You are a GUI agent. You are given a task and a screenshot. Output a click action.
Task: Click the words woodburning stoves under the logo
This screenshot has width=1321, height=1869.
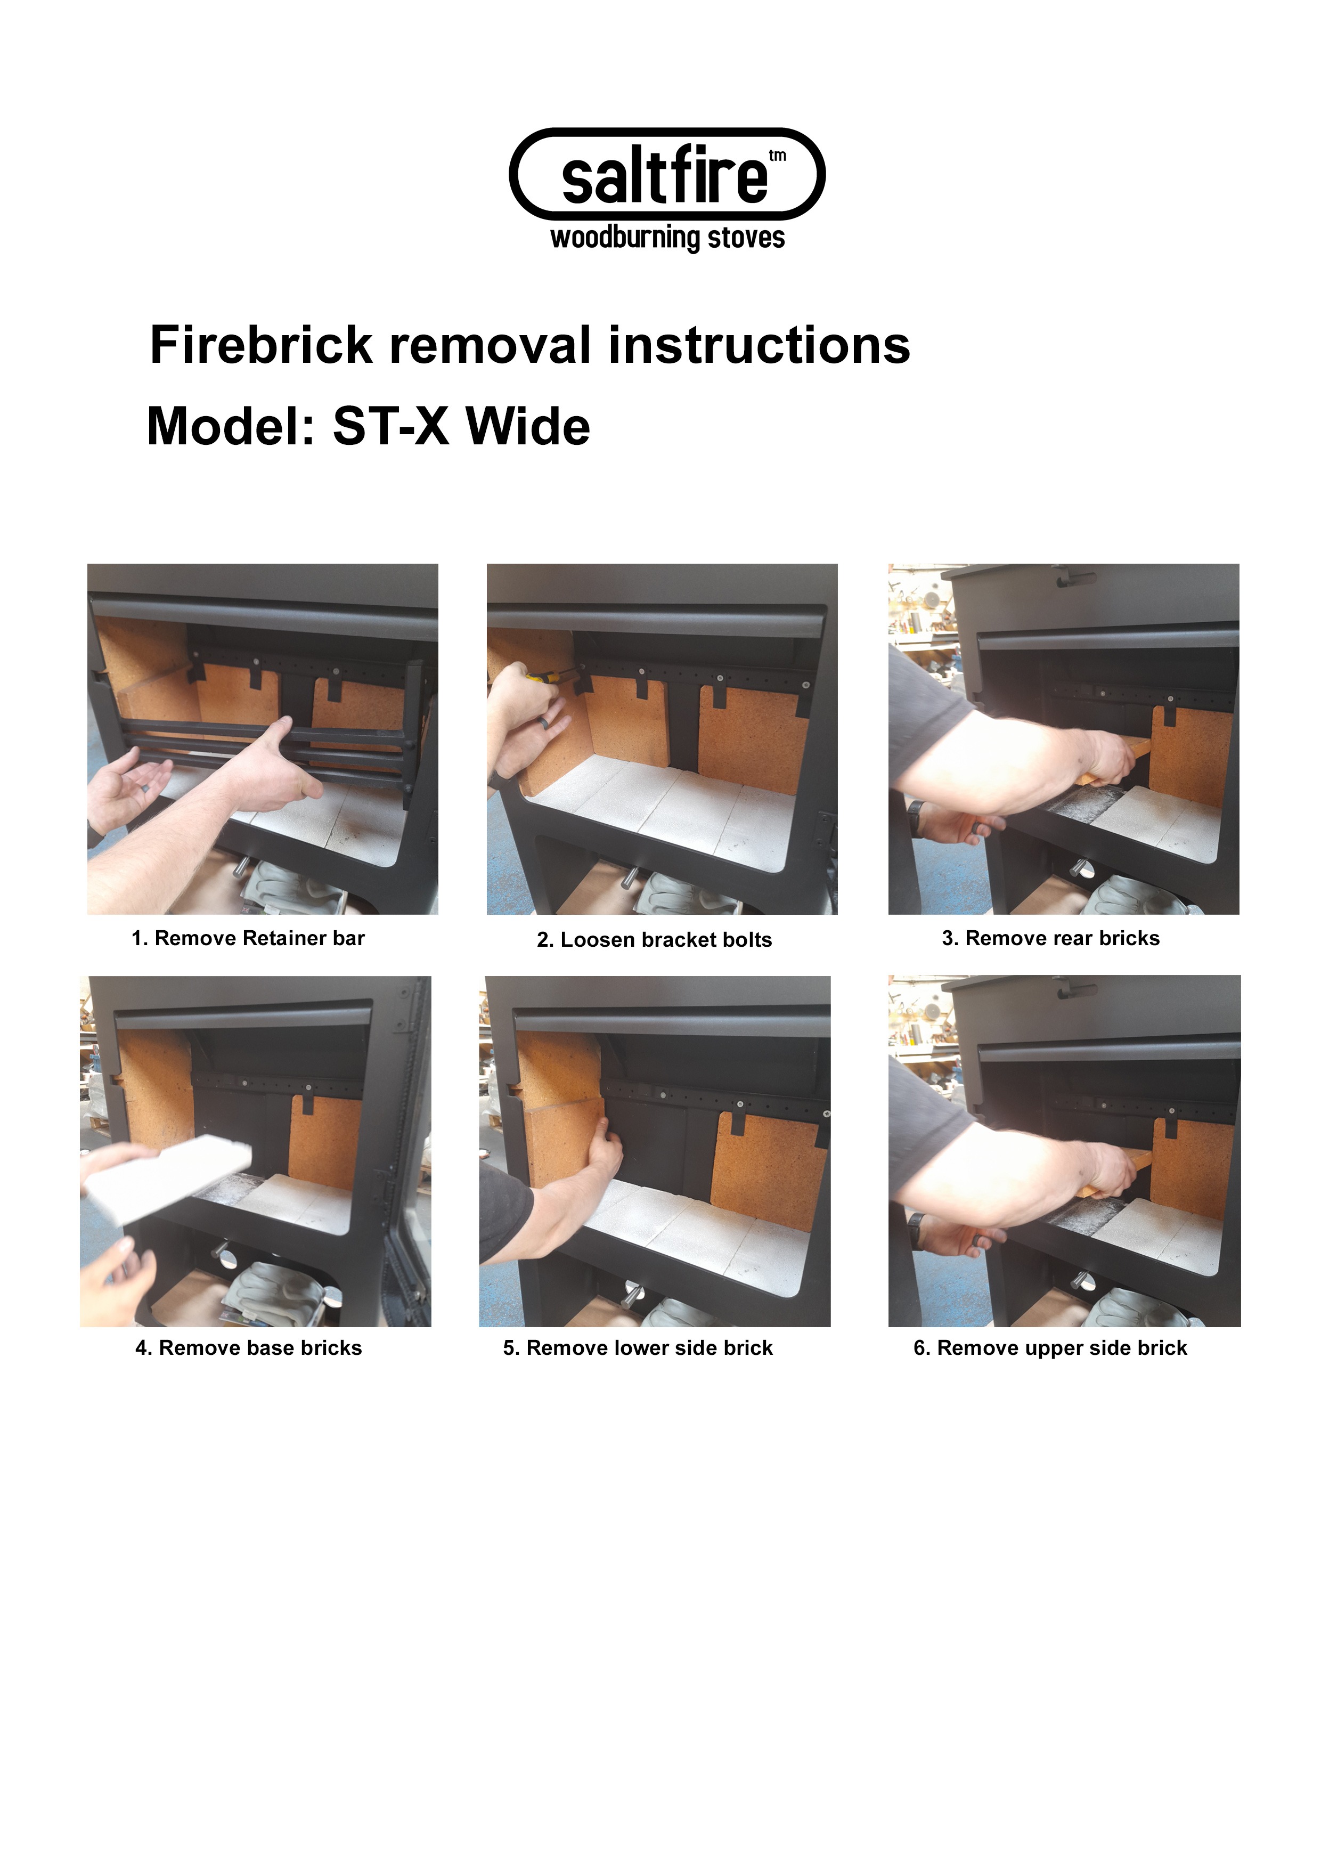click(x=667, y=238)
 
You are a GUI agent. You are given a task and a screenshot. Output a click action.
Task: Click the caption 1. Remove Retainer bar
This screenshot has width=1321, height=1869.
click(x=248, y=939)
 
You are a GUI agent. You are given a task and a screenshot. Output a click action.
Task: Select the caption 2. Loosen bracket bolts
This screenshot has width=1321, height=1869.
click(x=655, y=940)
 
